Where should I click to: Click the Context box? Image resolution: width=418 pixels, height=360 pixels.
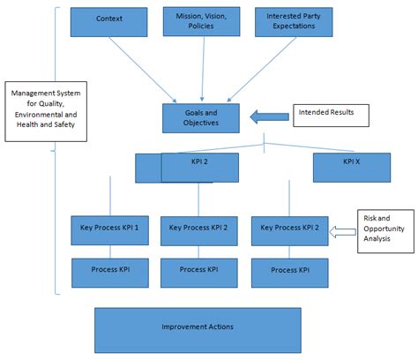[110, 20]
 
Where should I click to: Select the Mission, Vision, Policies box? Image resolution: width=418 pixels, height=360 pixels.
[201, 22]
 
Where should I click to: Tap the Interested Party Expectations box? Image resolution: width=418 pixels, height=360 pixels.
[293, 22]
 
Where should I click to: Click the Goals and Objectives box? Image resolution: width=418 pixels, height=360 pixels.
[202, 117]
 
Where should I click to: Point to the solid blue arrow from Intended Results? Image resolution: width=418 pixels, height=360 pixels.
[267, 116]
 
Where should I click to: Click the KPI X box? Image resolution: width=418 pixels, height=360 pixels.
[352, 165]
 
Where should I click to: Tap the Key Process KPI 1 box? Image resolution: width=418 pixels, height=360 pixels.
[110, 229]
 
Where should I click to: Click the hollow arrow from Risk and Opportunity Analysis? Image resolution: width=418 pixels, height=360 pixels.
[341, 232]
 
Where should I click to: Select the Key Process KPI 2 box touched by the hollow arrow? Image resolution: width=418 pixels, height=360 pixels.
[292, 229]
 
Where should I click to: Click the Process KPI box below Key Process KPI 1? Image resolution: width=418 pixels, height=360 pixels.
[110, 271]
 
